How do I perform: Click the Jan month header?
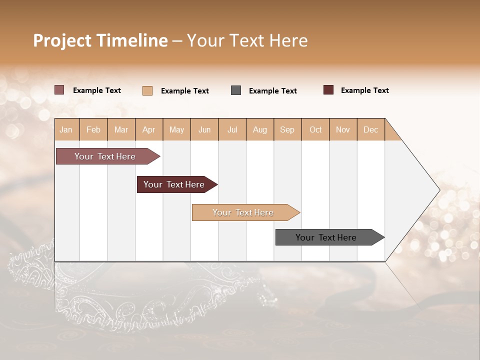(66, 129)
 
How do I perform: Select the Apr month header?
(148, 129)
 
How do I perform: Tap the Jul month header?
(232, 129)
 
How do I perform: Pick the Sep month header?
(287, 129)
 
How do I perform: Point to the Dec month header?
(370, 129)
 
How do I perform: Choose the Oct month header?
(315, 129)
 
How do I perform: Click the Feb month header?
(93, 129)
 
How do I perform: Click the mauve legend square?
(59, 90)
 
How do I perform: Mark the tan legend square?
(147, 90)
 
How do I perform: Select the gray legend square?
(236, 90)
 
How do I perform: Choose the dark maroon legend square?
(328, 90)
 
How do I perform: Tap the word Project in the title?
(61, 40)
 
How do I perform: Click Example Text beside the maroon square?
(364, 90)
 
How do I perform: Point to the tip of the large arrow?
(439, 190)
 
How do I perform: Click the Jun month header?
(204, 129)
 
